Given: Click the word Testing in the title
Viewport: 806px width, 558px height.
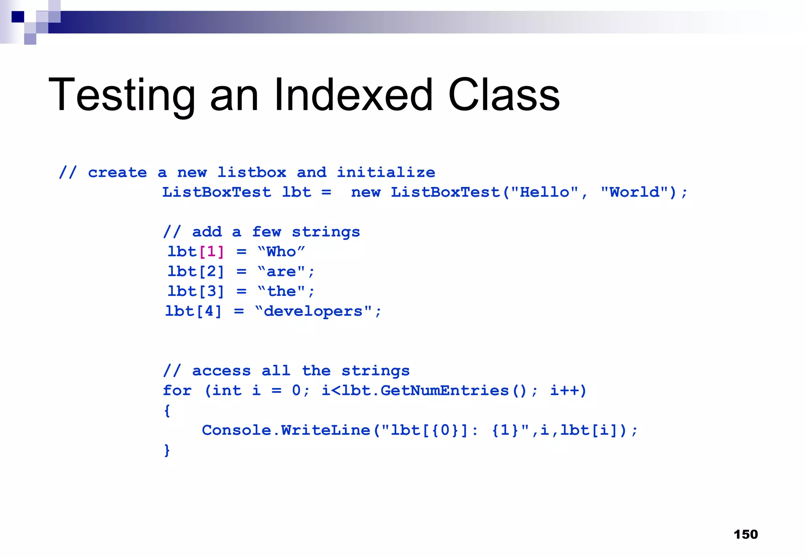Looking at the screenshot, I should click(x=122, y=96).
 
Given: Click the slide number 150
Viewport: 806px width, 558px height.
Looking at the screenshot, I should click(x=745, y=534).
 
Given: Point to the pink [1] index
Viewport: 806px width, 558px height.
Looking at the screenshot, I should click(x=212, y=252).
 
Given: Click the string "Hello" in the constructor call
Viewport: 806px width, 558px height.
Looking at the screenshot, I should click(x=545, y=192).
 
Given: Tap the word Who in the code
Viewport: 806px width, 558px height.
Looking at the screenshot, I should click(x=281, y=252).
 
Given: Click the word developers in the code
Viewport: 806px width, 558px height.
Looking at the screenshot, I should click(x=313, y=311).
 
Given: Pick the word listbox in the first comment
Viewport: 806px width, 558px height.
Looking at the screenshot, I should click(x=252, y=172).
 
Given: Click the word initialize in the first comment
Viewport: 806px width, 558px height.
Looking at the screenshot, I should click(x=386, y=172).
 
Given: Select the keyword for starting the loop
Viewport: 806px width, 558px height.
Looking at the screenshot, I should click(x=177, y=391).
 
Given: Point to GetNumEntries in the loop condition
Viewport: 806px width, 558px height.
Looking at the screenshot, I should click(x=445, y=391).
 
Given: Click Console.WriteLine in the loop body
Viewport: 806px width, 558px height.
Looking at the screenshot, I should click(x=286, y=430).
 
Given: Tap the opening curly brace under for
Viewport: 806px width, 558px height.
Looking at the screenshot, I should click(x=167, y=411).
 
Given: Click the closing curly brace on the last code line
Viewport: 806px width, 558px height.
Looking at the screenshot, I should click(x=167, y=450).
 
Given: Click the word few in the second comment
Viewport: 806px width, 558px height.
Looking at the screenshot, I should click(x=266, y=232).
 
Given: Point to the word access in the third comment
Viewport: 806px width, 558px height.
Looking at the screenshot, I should click(x=221, y=371).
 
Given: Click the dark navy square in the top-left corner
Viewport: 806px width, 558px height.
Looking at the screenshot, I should click(x=18, y=17).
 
